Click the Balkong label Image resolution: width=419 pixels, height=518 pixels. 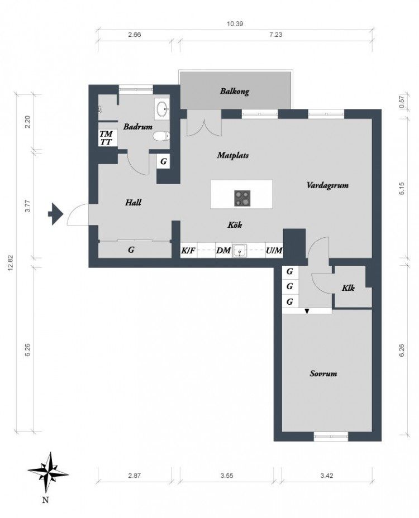pyautogui.click(x=235, y=92)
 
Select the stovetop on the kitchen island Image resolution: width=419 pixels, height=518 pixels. pyautogui.click(x=242, y=198)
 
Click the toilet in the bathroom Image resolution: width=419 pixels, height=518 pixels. pyautogui.click(x=161, y=136)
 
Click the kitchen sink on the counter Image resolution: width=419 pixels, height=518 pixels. pyautogui.click(x=239, y=251)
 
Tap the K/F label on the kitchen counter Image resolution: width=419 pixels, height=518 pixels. pyautogui.click(x=188, y=251)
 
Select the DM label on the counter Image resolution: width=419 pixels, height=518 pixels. pyautogui.click(x=223, y=251)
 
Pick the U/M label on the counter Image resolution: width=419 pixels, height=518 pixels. pyautogui.click(x=274, y=251)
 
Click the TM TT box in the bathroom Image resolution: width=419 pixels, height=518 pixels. pyautogui.click(x=107, y=138)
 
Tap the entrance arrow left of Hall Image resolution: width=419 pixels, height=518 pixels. pyautogui.click(x=55, y=214)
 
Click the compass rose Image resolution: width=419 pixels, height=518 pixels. pyautogui.click(x=48, y=472)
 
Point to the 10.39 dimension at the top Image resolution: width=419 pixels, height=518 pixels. pyautogui.click(x=235, y=24)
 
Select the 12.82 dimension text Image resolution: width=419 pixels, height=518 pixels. pyautogui.click(x=11, y=263)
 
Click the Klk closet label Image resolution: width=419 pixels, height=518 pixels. pyautogui.click(x=348, y=288)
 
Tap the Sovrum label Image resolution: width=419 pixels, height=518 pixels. pyautogui.click(x=323, y=373)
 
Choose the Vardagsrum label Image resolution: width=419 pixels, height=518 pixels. pyautogui.click(x=327, y=185)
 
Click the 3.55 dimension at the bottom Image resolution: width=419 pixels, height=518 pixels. pyautogui.click(x=227, y=476)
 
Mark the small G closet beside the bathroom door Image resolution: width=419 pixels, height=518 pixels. pyautogui.click(x=163, y=162)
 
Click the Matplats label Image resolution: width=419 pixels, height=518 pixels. pyautogui.click(x=233, y=155)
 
